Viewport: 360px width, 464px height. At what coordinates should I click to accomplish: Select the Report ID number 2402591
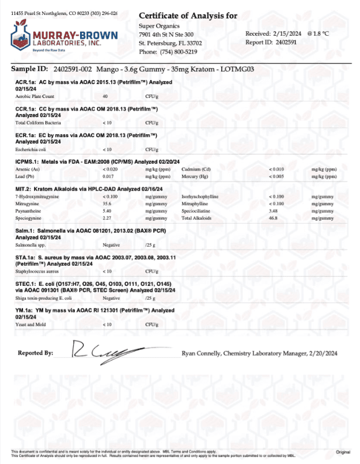coord(286,42)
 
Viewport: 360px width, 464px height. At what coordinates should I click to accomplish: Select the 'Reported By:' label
coord(36,352)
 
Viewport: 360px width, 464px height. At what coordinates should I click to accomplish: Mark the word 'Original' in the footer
coord(343,451)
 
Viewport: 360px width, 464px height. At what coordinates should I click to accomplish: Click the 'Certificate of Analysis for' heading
coord(188,15)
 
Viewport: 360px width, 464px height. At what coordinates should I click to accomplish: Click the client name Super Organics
coord(159,26)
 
